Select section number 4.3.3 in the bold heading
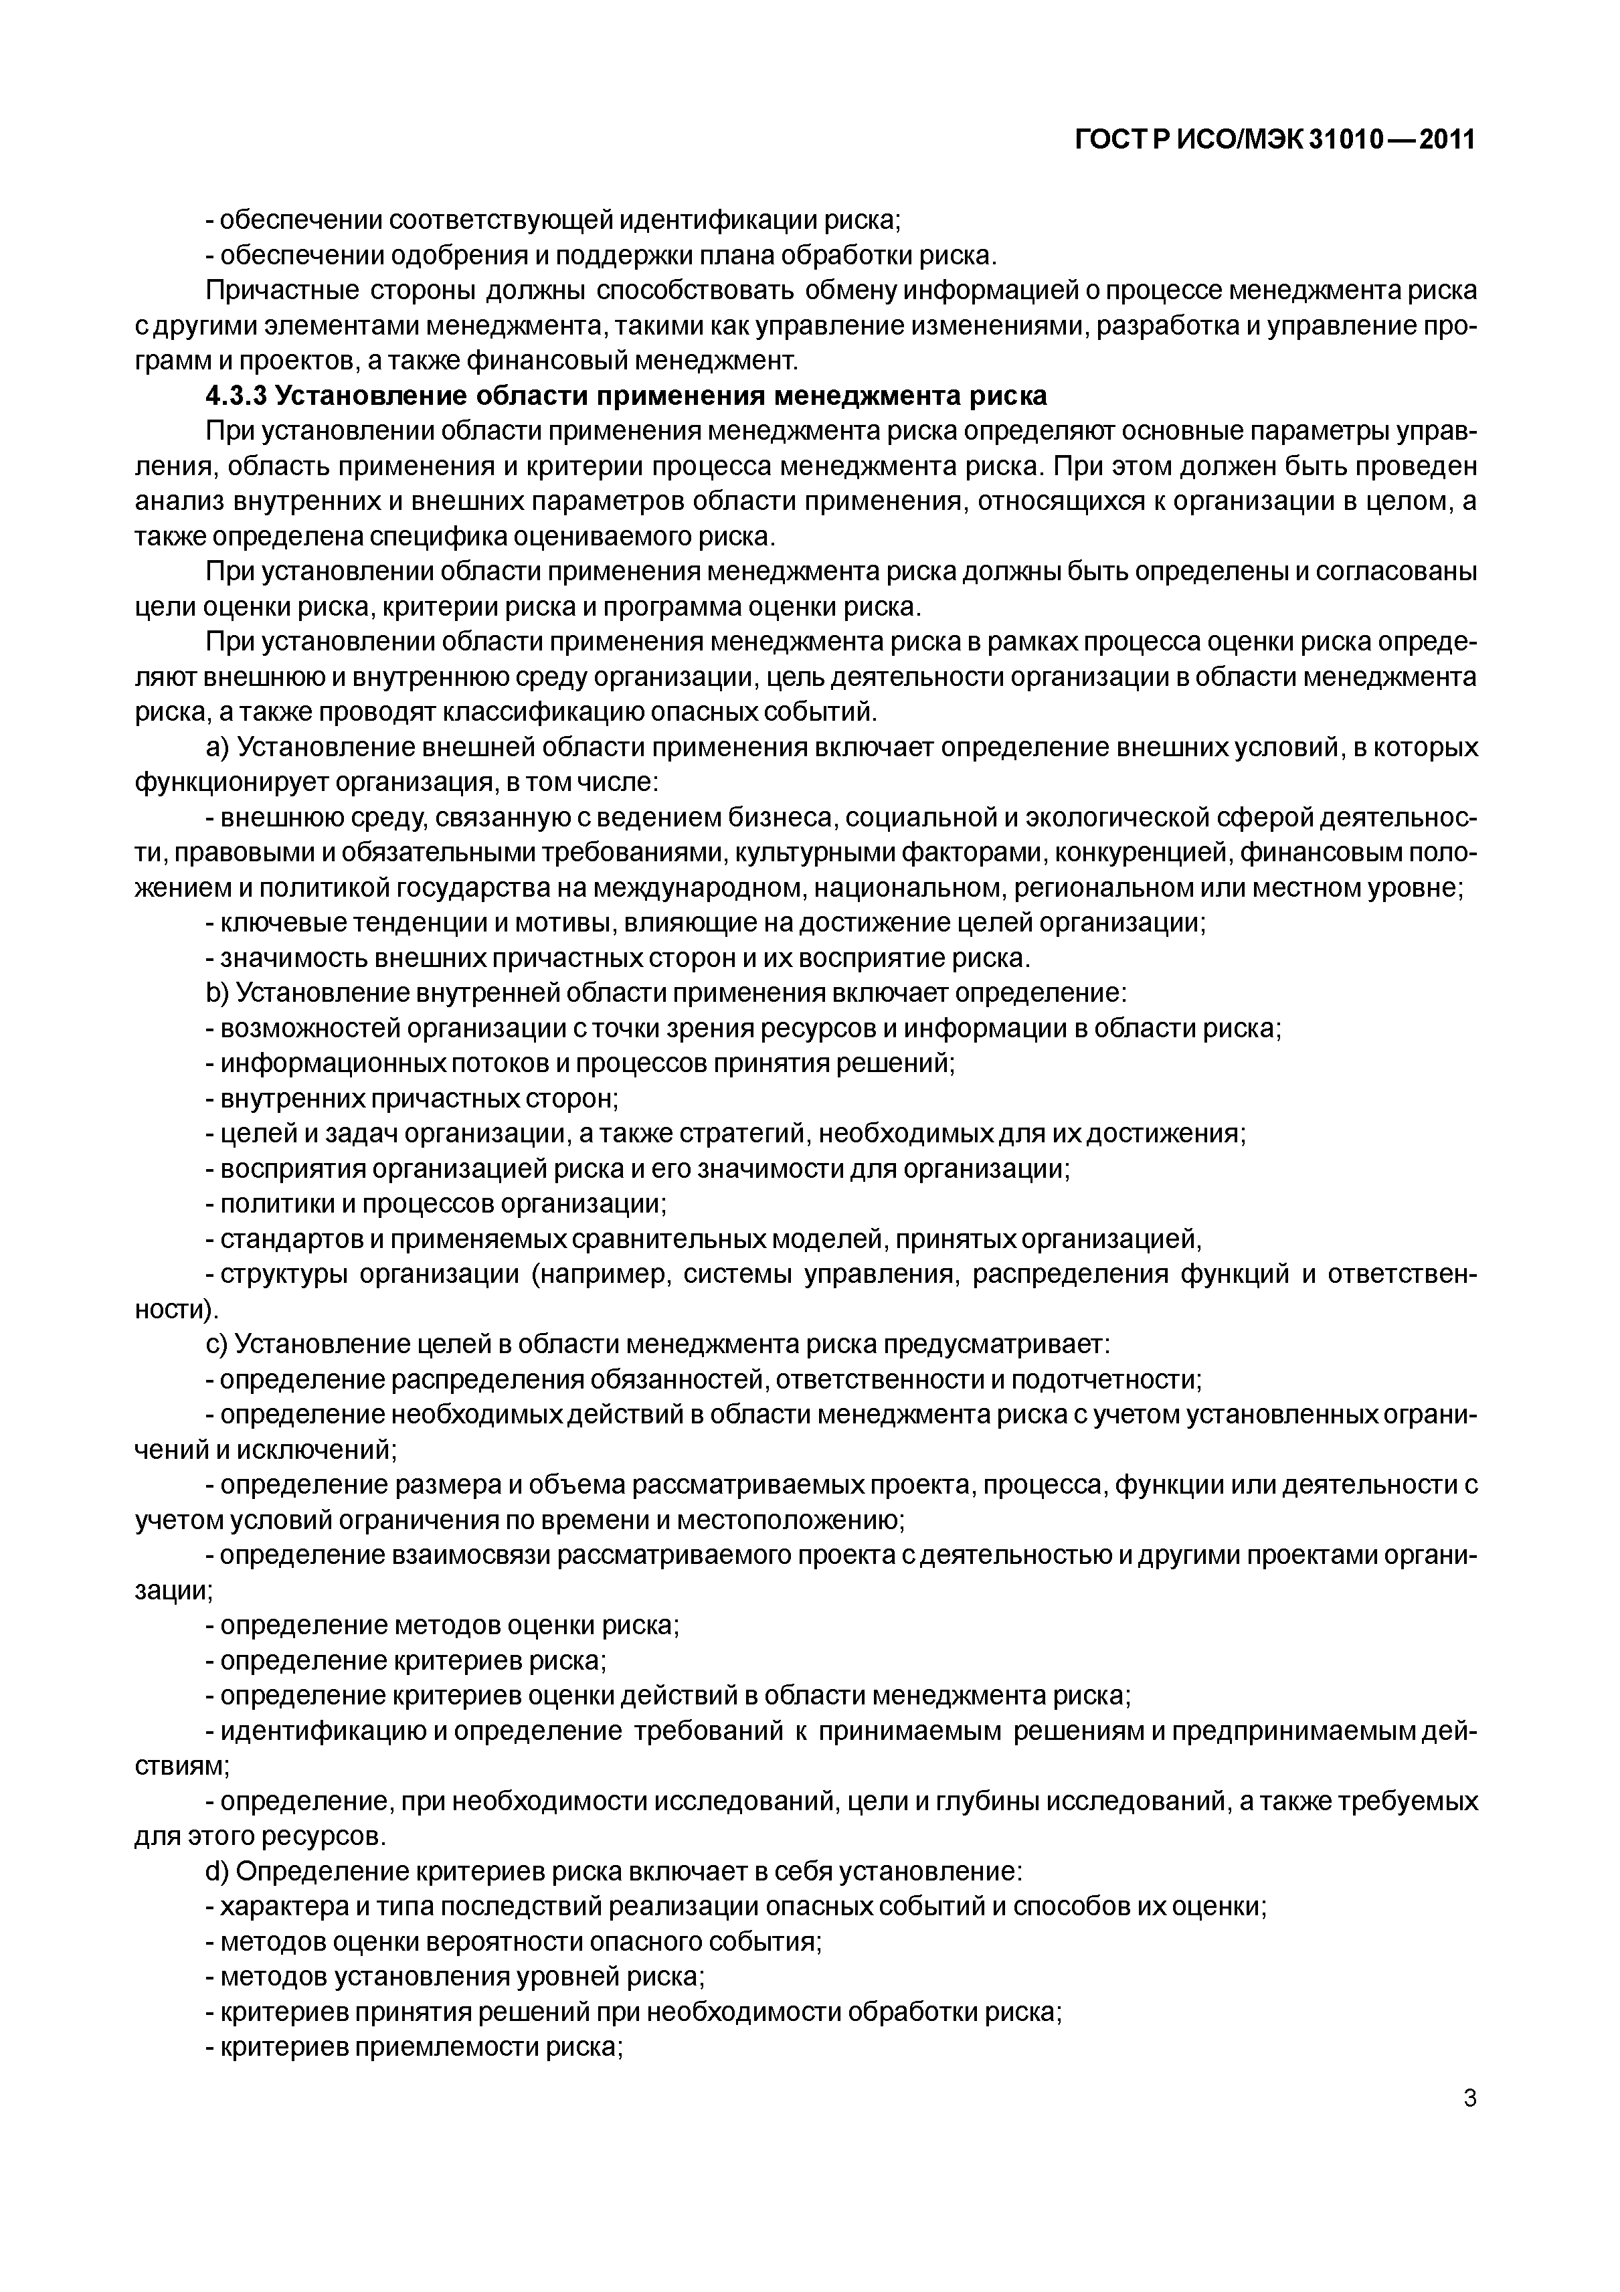[x=237, y=396]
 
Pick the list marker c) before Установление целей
[x=217, y=1344]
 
